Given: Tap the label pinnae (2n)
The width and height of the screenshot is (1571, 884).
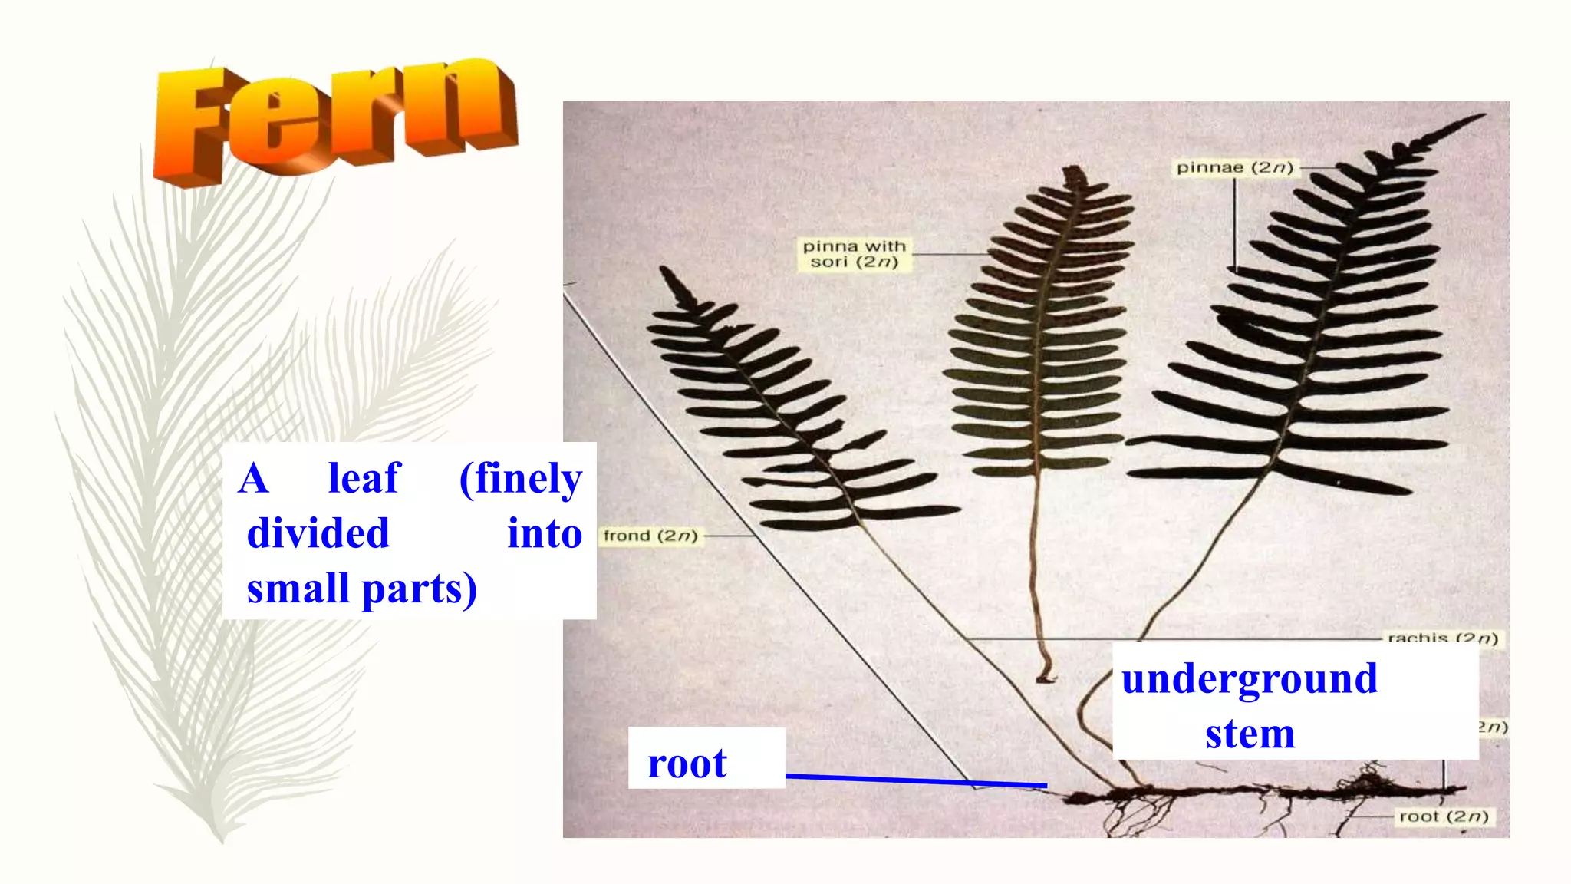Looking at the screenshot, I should point(1234,167).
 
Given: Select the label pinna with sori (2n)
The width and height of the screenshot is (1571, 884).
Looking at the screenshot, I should point(854,254).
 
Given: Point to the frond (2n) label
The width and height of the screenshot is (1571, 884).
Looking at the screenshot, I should point(650,536).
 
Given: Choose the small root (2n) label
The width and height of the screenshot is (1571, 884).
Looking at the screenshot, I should point(1443,816).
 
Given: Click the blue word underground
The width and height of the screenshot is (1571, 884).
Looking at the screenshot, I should point(1250,679).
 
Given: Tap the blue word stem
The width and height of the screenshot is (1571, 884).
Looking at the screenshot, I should point(1250,734).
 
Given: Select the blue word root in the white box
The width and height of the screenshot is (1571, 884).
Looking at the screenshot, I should point(687,764).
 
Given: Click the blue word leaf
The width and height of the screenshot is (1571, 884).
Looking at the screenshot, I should point(364,478).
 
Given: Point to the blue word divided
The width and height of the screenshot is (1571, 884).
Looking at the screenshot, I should point(318,533).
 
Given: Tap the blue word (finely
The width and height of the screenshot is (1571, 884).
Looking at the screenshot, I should point(520,479).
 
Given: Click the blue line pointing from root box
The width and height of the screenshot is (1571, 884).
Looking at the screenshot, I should point(917,780).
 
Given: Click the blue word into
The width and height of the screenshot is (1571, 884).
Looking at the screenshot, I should point(545,533).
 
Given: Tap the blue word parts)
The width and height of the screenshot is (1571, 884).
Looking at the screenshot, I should point(419,589).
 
